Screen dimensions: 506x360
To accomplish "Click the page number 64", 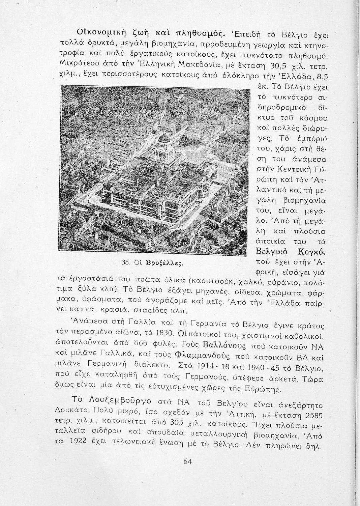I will click(x=187, y=462).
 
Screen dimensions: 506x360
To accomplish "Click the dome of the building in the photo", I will click(x=163, y=139).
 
